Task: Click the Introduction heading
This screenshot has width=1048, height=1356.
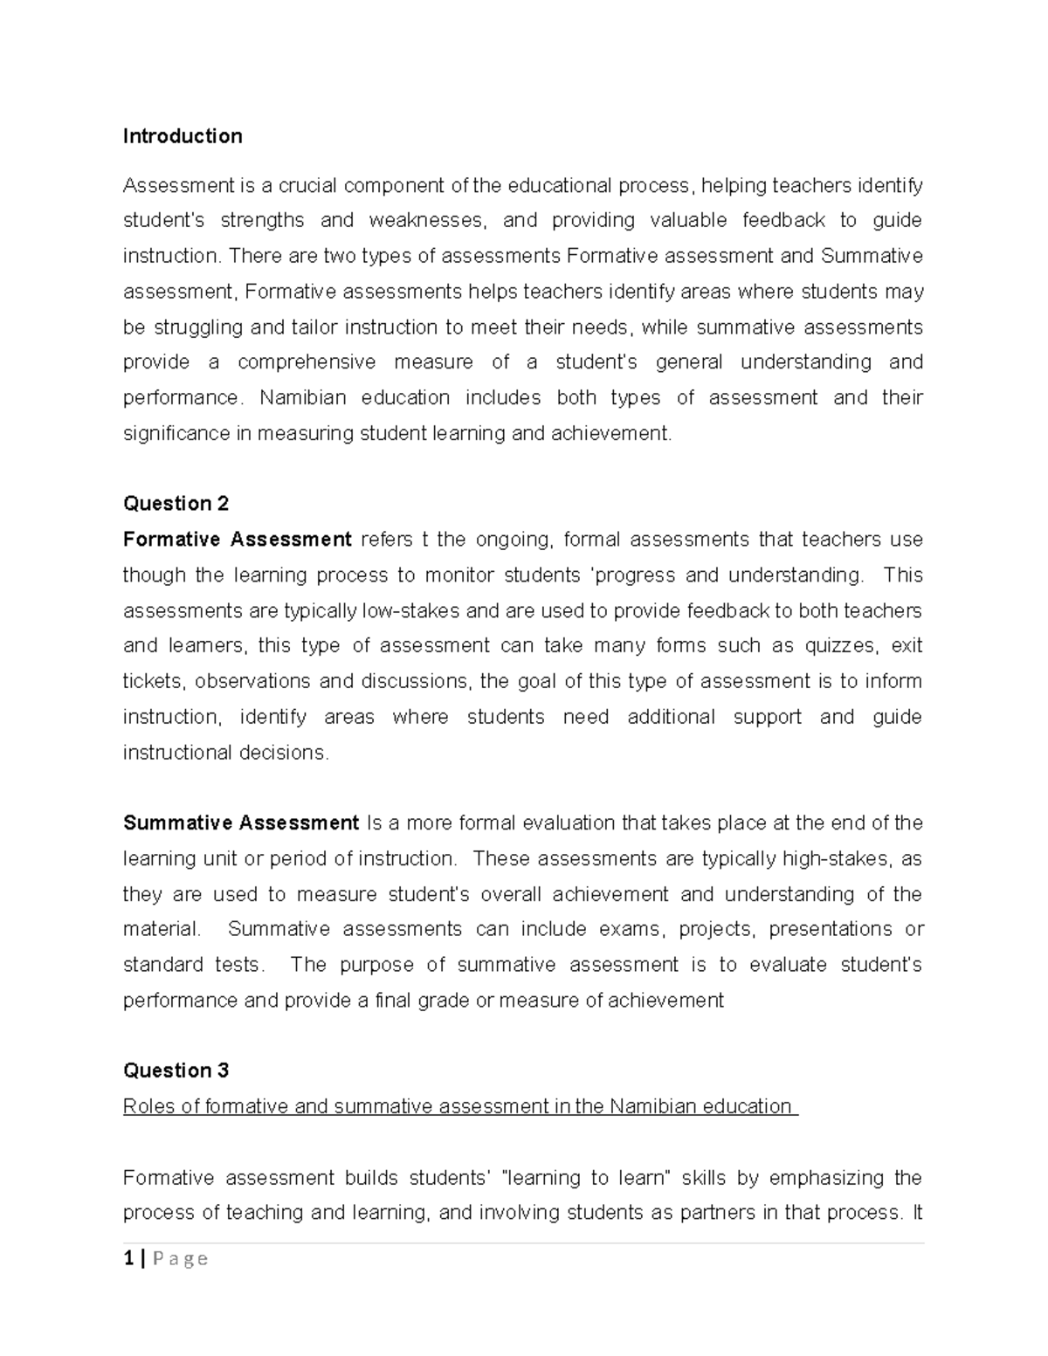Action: tap(183, 136)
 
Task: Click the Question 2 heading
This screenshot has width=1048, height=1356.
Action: tap(176, 504)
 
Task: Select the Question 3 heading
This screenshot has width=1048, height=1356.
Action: tap(176, 1070)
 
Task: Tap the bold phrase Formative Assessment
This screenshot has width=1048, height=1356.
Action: tap(237, 540)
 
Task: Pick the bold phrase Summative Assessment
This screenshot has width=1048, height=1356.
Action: tap(241, 823)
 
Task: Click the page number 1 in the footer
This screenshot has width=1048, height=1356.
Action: tap(129, 1258)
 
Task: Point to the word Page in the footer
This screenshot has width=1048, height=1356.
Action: tap(181, 1258)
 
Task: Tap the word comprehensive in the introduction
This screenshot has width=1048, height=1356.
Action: tap(307, 362)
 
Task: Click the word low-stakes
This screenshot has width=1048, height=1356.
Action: tap(411, 610)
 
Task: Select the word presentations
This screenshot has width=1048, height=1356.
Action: tap(831, 929)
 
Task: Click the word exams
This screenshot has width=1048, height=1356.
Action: tap(631, 929)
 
